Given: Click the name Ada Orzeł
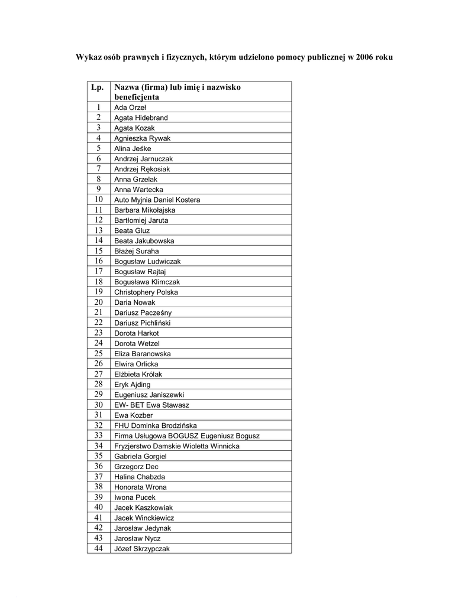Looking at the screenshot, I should point(130,108).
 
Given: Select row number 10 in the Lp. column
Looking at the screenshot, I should point(99,200).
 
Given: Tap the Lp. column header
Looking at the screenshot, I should point(98,87).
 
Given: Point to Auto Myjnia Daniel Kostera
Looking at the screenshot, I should point(157,200).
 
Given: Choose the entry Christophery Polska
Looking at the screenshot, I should point(146,292).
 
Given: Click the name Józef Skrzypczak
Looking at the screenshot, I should point(142,548).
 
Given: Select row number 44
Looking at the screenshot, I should point(99,548).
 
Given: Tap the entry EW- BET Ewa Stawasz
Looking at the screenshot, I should point(151,405).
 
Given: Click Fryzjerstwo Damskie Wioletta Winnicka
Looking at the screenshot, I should point(176,446).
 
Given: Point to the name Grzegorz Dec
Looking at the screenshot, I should point(136,467).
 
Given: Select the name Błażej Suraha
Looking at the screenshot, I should point(136,251).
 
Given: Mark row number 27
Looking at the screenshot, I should point(99,374).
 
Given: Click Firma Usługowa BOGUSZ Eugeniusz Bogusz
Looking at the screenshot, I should point(186,435).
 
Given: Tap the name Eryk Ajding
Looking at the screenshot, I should point(132,385).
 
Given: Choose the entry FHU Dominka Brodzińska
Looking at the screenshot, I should point(156,425).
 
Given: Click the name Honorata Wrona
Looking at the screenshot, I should point(140,487).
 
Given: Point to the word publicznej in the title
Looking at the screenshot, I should point(324,57).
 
